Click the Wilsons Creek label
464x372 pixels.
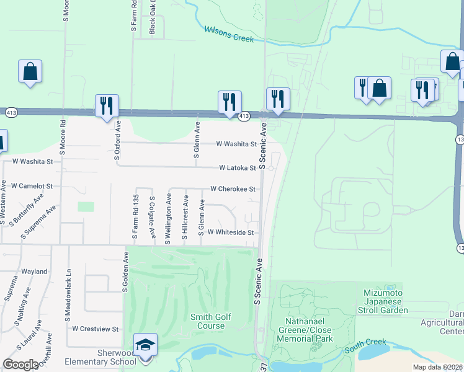230,33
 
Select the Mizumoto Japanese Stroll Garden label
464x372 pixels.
381,301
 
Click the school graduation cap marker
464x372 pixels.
145,344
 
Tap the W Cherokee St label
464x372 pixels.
233,188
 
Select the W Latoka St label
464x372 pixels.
237,168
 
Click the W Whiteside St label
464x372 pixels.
231,232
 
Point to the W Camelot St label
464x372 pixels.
32,186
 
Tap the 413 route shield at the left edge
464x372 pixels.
10,113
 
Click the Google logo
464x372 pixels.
20,365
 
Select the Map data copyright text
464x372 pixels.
438,367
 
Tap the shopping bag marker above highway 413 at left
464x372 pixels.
30,71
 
